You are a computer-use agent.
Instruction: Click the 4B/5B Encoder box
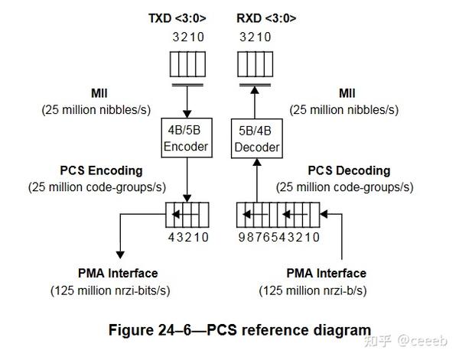pyautogui.click(x=187, y=138)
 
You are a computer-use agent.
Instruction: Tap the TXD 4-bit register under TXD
pyautogui.click(x=187, y=60)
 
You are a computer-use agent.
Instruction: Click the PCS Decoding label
pyautogui.click(x=349, y=170)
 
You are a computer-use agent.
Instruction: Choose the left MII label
pyautogui.click(x=100, y=93)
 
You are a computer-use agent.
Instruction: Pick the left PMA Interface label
pyautogui.click(x=118, y=273)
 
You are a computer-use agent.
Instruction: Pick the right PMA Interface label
pyautogui.click(x=326, y=273)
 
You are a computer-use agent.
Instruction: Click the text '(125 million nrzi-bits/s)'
pyautogui.click(x=110, y=290)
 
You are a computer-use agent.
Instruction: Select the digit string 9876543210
pyautogui.click(x=278, y=236)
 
